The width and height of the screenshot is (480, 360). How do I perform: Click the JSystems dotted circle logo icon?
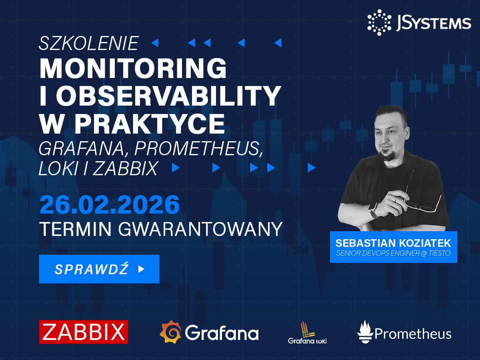point(379,22)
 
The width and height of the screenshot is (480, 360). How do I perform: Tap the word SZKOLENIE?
point(89,43)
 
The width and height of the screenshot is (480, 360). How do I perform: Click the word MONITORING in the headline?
point(133,68)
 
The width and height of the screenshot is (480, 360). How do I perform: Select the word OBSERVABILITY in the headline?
point(168,96)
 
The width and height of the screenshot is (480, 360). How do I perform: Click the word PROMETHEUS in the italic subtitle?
point(198,149)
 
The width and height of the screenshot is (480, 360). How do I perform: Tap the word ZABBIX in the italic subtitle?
point(125,168)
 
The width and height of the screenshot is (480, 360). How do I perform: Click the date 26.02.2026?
point(109,205)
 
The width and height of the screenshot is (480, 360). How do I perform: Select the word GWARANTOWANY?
point(200,229)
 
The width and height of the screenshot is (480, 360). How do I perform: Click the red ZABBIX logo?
point(84,332)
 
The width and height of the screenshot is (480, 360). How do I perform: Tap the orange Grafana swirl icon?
point(170,332)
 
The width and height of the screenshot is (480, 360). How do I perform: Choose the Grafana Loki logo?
point(307,333)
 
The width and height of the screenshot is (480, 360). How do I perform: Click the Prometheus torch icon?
point(365,332)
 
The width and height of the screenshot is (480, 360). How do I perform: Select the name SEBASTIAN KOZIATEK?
point(393,243)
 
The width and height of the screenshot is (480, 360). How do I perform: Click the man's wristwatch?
point(373,210)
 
